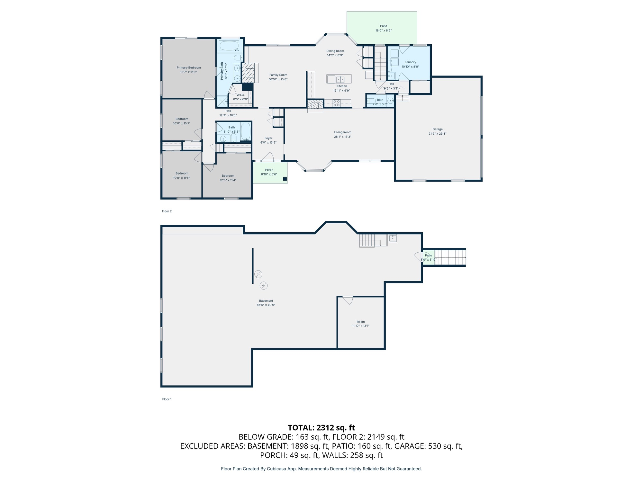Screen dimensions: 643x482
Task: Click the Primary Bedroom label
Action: (x=189, y=67)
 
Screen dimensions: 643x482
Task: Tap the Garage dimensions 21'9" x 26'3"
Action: (x=437, y=134)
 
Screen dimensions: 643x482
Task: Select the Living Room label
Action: (x=342, y=132)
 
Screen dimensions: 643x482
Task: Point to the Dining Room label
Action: (x=335, y=51)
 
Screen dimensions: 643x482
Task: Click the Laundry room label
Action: (x=410, y=62)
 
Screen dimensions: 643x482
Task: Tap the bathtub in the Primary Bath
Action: (x=229, y=46)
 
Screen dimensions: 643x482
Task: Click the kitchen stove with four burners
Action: (x=336, y=103)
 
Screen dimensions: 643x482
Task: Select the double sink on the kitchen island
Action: (x=340, y=79)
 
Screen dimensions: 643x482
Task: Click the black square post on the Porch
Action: (x=285, y=179)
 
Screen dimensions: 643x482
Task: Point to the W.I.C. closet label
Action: (x=240, y=95)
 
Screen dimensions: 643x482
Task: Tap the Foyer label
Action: (x=268, y=138)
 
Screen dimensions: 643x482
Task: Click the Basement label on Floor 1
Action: (x=266, y=301)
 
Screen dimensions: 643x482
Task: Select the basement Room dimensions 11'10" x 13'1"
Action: (x=361, y=326)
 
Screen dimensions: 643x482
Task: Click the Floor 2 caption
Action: (x=167, y=211)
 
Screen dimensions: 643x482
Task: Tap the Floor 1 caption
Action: (x=167, y=399)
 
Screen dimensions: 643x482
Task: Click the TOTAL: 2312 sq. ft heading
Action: (x=321, y=428)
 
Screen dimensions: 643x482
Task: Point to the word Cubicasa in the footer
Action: (x=277, y=469)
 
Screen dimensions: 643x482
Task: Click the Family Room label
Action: (x=278, y=75)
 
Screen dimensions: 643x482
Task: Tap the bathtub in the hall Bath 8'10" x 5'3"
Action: (x=246, y=131)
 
